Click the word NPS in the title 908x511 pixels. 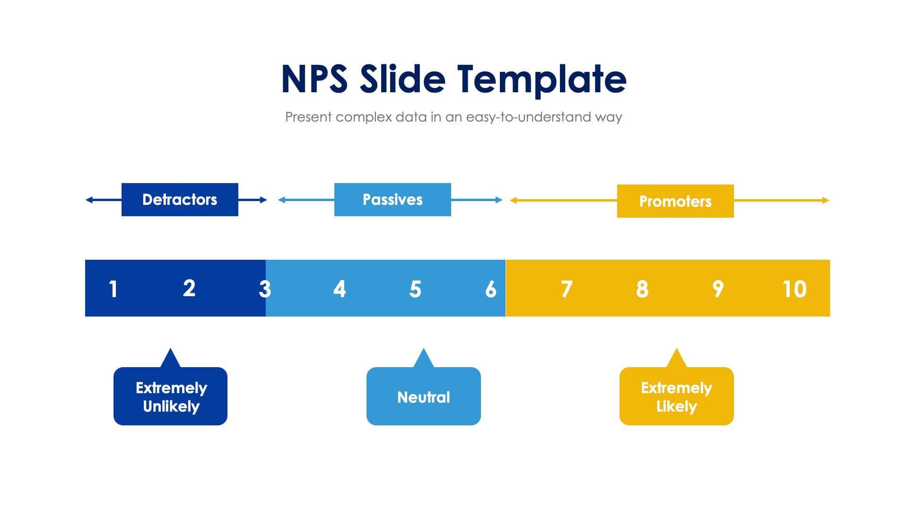pos(314,79)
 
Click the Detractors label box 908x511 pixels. pos(180,200)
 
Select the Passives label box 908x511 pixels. pos(393,200)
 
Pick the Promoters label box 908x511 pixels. pos(675,201)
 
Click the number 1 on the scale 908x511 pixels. pos(113,289)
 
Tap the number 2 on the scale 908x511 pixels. pos(189,288)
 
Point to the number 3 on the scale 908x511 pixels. pos(264,289)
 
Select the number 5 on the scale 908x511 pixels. pos(415,289)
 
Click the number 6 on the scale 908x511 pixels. pos(491,289)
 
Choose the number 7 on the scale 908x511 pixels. pos(567,289)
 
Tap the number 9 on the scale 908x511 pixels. pos(718,289)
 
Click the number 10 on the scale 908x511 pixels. pos(794,289)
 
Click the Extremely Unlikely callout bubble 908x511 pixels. pos(170,396)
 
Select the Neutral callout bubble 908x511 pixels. pos(423,396)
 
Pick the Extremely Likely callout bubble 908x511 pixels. pos(676,396)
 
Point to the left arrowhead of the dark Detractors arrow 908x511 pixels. pos(89,200)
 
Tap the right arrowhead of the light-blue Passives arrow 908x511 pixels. pos(499,200)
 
